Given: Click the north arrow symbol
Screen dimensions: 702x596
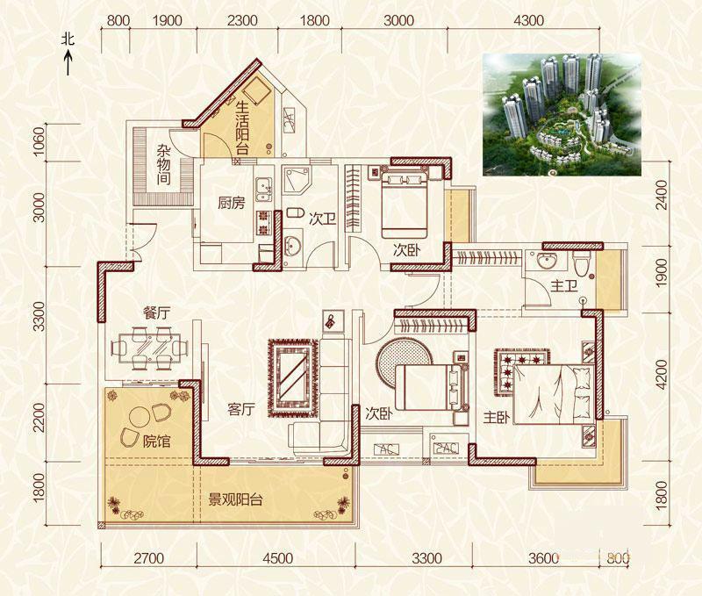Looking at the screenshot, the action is [x=68, y=62].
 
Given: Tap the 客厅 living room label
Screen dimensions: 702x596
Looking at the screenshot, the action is [x=240, y=409].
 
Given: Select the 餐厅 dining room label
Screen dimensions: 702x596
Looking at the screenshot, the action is [x=157, y=313].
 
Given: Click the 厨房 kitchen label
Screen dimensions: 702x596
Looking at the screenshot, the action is [x=232, y=203].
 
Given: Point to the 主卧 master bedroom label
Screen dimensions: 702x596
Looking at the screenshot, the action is [x=497, y=418].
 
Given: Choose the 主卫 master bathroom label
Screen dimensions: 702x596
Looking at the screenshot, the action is [x=563, y=285].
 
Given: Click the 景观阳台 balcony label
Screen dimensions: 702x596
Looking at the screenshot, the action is [x=235, y=499].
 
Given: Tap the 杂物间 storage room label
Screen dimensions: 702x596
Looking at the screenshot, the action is [x=164, y=165].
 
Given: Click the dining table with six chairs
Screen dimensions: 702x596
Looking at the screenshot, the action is [x=149, y=348].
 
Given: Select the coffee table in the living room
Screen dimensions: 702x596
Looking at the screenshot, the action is [x=292, y=377].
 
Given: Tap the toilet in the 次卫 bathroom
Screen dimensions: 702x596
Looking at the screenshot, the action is [x=294, y=213].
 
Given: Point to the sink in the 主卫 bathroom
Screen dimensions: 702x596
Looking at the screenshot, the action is [x=546, y=261].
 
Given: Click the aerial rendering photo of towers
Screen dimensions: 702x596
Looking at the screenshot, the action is [x=562, y=114].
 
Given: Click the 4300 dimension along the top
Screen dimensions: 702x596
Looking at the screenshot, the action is [x=529, y=20].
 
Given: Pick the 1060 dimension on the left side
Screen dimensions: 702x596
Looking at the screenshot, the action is [x=39, y=141].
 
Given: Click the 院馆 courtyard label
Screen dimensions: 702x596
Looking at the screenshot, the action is [x=157, y=442].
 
